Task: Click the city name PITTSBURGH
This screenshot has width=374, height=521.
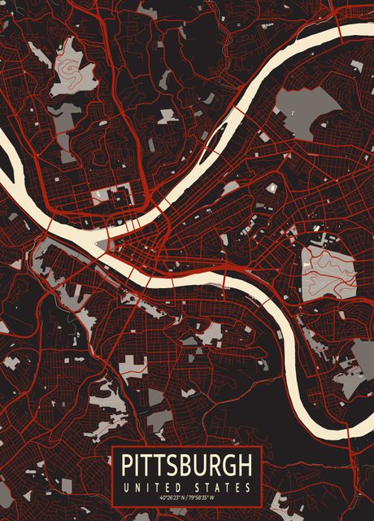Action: click(x=186, y=466)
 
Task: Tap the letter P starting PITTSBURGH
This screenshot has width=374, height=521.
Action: click(x=128, y=466)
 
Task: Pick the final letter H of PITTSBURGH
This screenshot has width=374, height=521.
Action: click(x=244, y=466)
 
